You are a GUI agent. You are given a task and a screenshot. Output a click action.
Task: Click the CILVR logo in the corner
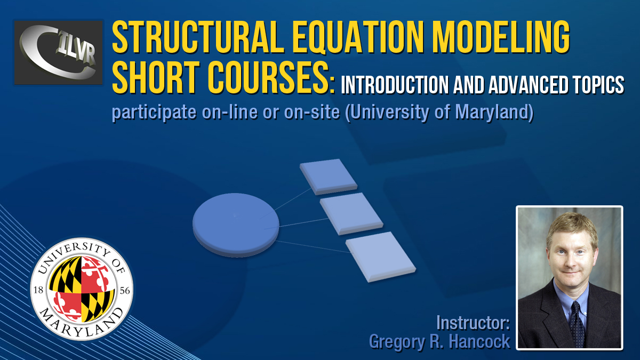(58, 53)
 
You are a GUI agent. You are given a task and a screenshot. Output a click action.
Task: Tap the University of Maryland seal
(82, 289)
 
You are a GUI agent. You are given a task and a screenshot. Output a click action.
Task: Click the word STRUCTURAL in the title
(198, 38)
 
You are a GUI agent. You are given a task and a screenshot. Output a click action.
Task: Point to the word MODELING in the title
(501, 38)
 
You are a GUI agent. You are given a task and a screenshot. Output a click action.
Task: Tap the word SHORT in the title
(156, 77)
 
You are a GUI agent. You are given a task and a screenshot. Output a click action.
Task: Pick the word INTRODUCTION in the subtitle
(395, 85)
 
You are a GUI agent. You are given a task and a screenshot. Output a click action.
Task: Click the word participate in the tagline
(154, 113)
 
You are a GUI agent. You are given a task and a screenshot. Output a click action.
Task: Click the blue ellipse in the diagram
(236, 225)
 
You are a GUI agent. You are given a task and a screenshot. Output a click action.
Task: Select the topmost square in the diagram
(329, 177)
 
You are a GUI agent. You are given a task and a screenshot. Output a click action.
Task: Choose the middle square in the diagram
(351, 214)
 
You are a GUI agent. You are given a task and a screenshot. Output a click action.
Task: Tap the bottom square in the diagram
(381, 257)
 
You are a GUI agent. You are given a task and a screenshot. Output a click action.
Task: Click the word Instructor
(473, 323)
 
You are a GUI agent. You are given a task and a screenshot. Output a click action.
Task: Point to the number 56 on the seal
(125, 291)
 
